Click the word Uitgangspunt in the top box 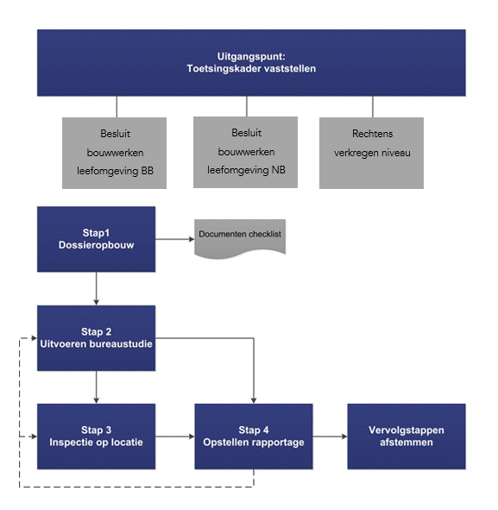pos(251,57)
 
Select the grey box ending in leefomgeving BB pos(114,153)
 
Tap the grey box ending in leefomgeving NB pos(245,152)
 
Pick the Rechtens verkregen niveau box pos(371,153)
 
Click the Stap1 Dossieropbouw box pos(97,239)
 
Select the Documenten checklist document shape pos(240,239)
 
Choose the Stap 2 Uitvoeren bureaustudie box pos(97,338)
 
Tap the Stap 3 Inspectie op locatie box pos(97,437)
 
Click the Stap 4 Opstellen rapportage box pos(254,437)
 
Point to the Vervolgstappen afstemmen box pos(407,437)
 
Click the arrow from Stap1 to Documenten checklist pos(175,239)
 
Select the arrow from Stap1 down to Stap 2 pos(97,288)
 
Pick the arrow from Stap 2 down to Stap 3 pos(97,387)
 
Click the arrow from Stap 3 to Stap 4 pos(175,437)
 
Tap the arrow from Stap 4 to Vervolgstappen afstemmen pos(331,437)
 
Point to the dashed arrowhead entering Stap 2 pos(35,338)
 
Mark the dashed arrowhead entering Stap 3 pos(35,437)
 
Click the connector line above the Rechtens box pos(373,107)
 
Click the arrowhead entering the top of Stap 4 pos(254,400)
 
